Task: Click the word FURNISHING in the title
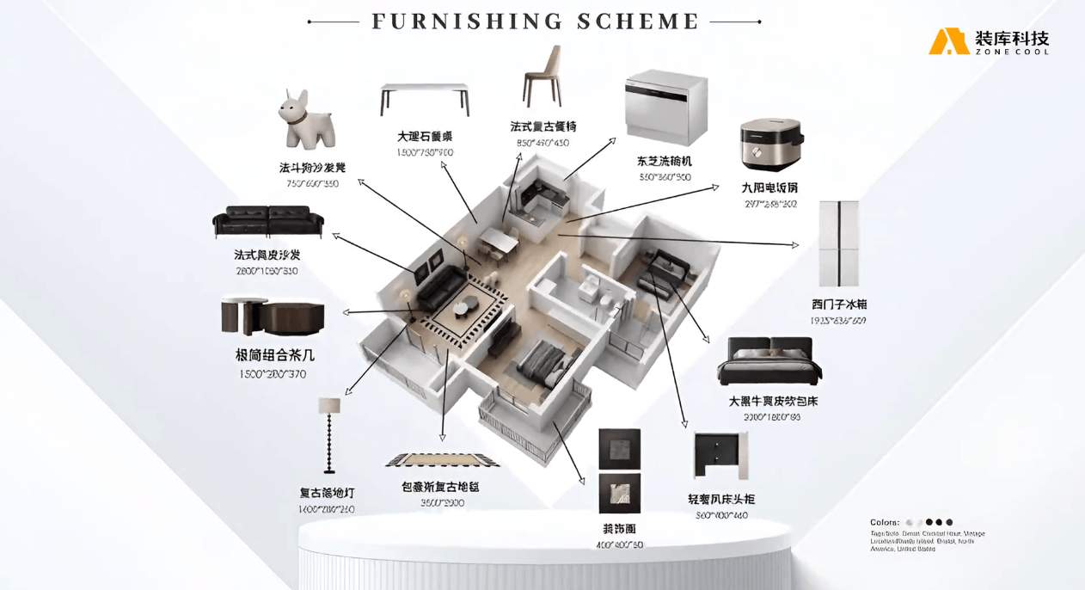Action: (x=457, y=22)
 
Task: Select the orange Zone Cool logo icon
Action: (x=947, y=41)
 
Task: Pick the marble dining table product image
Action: (x=425, y=98)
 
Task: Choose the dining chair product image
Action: (x=542, y=77)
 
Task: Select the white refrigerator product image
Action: (x=837, y=244)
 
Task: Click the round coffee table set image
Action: (x=272, y=316)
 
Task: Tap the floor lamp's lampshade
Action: (x=329, y=405)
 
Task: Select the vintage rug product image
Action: (x=442, y=460)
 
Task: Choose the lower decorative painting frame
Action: (x=619, y=493)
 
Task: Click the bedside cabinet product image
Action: (x=719, y=457)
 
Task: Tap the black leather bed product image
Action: (x=769, y=361)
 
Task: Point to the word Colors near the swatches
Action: (x=884, y=522)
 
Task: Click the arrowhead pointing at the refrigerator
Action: (x=796, y=247)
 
